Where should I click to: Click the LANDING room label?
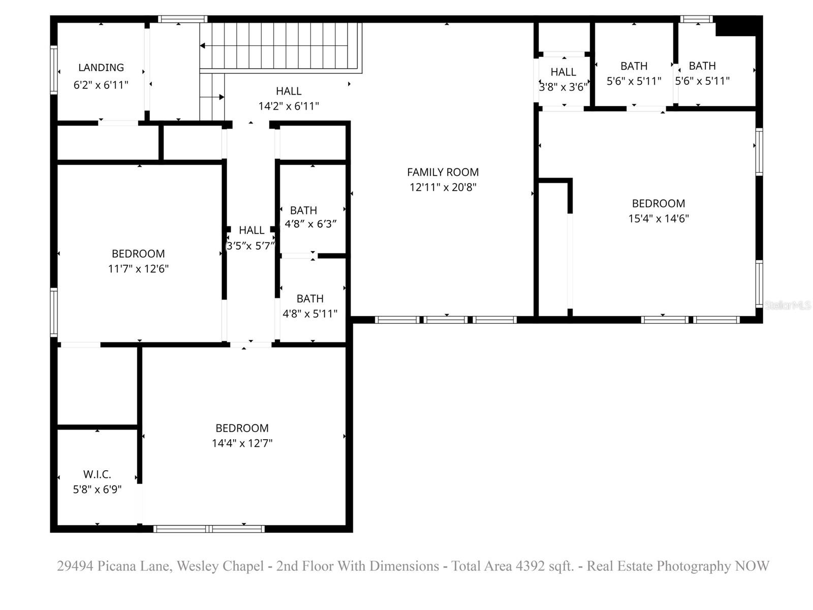click(101, 68)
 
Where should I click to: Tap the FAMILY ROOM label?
click(443, 172)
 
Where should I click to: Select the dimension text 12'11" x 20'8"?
click(443, 187)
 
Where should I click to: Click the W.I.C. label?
click(97, 474)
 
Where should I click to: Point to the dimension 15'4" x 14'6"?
click(659, 219)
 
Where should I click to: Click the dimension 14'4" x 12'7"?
click(242, 443)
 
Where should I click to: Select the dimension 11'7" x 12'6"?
click(138, 268)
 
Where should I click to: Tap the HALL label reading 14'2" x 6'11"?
click(288, 91)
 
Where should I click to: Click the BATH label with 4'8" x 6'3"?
click(303, 210)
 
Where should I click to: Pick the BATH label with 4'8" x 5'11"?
click(310, 299)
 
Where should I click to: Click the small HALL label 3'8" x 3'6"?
click(563, 72)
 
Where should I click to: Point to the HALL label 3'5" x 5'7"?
click(252, 230)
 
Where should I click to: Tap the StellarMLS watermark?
click(788, 305)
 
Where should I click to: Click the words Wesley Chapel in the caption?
click(220, 566)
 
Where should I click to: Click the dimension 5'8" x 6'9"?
click(97, 490)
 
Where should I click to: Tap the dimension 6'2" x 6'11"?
click(101, 85)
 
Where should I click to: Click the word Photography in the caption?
click(694, 566)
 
